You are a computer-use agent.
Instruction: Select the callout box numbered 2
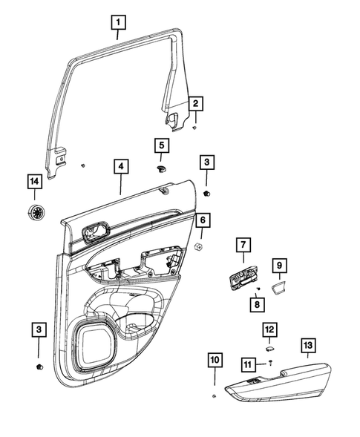196,104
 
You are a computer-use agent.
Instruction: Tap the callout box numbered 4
120,168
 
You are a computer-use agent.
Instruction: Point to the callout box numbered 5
162,145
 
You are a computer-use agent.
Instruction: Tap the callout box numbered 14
33,182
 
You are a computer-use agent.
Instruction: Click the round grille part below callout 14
34,212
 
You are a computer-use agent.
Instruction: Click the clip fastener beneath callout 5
161,169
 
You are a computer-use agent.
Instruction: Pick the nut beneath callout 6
199,246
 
